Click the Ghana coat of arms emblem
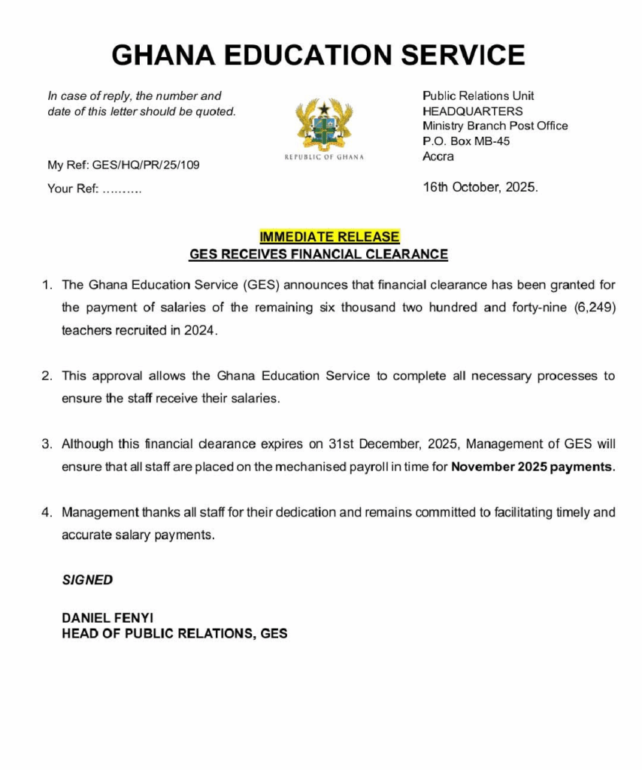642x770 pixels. coord(323,124)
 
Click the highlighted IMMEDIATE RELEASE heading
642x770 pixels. coord(329,236)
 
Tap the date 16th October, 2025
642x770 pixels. coord(480,187)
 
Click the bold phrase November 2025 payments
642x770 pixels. coord(533,467)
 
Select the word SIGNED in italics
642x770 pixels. coord(87,580)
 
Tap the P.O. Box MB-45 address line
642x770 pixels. coord(466,141)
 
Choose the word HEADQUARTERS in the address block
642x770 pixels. coord(473,111)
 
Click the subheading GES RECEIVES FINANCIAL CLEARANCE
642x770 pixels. coord(318,254)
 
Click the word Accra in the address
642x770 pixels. coord(438,156)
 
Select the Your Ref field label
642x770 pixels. coord(72,189)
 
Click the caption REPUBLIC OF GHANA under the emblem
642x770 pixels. coord(324,157)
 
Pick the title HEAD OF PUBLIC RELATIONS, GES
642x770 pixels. coord(174,634)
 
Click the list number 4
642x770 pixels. coord(47,513)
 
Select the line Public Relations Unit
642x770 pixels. coord(478,95)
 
